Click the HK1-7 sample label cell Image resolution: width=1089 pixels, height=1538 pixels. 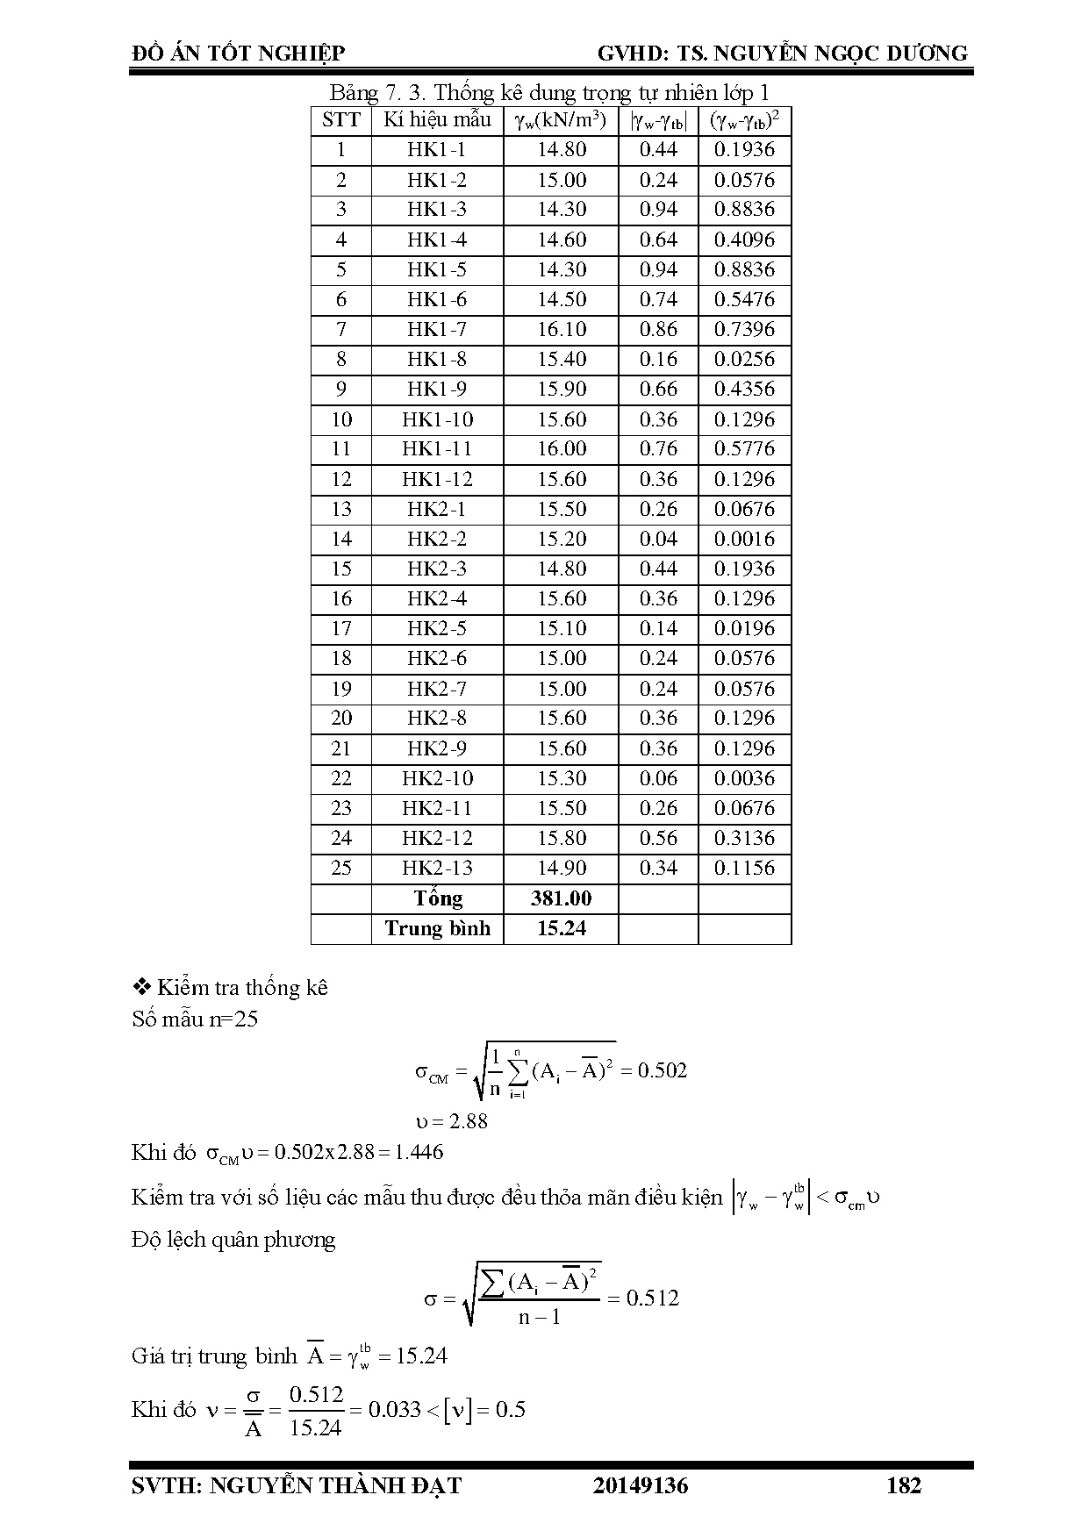tap(437, 330)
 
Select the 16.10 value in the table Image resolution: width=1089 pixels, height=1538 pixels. tap(562, 330)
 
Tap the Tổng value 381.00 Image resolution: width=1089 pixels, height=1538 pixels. tap(562, 898)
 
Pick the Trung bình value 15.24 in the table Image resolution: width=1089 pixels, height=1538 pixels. tap(562, 928)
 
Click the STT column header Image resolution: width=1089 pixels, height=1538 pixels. tap(341, 120)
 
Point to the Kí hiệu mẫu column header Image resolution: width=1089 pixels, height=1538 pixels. tap(437, 120)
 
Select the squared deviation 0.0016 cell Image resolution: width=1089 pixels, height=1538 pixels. tap(744, 540)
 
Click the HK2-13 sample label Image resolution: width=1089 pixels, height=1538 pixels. tap(437, 869)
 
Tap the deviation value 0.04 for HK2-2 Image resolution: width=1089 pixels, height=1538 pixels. tap(658, 540)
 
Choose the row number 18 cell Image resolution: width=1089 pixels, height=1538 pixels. tap(341, 659)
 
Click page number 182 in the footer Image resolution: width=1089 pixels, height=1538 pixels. tap(904, 1485)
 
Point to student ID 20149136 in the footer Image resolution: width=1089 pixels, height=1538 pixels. tap(641, 1485)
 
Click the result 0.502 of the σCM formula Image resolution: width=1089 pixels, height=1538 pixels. tap(663, 1070)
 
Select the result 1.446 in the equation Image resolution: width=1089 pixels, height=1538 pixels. tap(419, 1152)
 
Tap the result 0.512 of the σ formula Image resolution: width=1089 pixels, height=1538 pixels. tap(653, 1298)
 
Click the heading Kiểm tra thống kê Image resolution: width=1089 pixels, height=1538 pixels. tap(241, 988)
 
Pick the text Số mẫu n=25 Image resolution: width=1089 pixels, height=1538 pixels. tap(195, 1019)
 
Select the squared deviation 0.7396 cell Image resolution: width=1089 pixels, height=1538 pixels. tap(744, 330)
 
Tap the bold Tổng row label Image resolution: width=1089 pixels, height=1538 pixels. tap(437, 898)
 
